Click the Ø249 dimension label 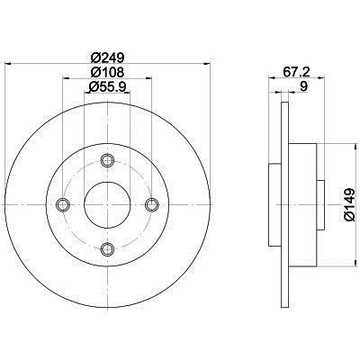[107, 57]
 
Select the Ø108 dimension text [107, 72]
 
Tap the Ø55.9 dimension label [107, 87]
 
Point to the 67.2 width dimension [297, 72]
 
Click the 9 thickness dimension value [303, 87]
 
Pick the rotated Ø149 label [349, 205]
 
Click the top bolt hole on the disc [107, 160]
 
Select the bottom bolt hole [107, 248]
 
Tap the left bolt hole [63, 204]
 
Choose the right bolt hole [151, 204]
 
